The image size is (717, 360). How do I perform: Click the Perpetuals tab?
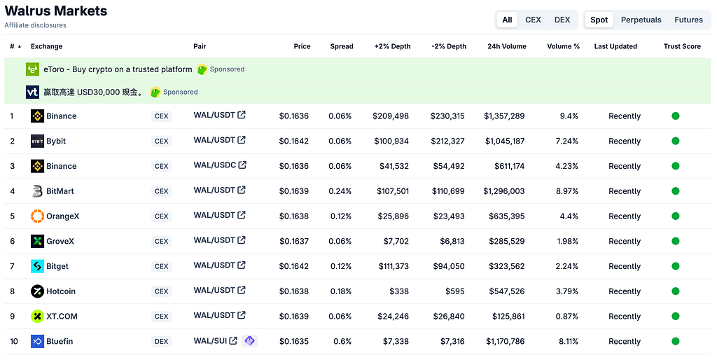[641, 20]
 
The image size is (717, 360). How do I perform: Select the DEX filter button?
[562, 20]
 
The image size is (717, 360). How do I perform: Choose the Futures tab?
[688, 20]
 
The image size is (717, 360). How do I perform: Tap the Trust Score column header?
[682, 46]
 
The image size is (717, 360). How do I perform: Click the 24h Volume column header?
[507, 46]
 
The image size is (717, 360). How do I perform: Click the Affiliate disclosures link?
[35, 25]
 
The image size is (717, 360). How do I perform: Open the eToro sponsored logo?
[32, 69]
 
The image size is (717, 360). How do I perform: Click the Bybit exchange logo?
[37, 141]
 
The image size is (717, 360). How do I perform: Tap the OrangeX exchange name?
[62, 216]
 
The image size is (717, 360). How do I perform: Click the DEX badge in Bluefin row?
[162, 341]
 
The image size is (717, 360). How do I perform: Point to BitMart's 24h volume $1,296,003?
[504, 191]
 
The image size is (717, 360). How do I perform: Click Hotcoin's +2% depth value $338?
[399, 291]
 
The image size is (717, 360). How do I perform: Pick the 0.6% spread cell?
[342, 341]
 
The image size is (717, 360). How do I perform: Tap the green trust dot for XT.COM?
[676, 316]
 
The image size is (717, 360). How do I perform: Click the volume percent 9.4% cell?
[569, 116]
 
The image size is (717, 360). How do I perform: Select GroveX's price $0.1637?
[294, 241]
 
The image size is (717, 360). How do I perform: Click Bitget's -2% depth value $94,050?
[449, 266]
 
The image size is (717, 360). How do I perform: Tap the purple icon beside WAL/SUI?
[250, 341]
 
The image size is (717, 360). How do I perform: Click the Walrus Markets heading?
[56, 11]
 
